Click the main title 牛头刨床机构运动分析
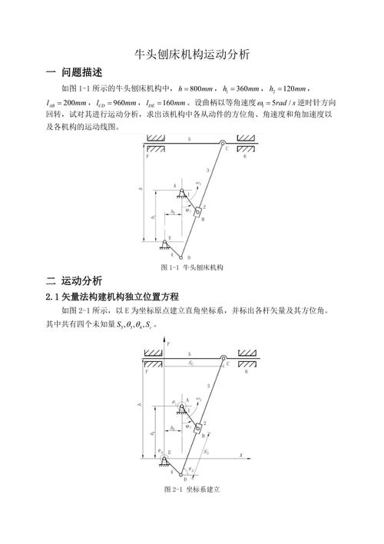point(192,55)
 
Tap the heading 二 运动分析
point(74,280)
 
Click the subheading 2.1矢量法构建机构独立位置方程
point(112,297)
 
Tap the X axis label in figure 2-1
point(240,456)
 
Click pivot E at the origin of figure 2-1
point(164,459)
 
